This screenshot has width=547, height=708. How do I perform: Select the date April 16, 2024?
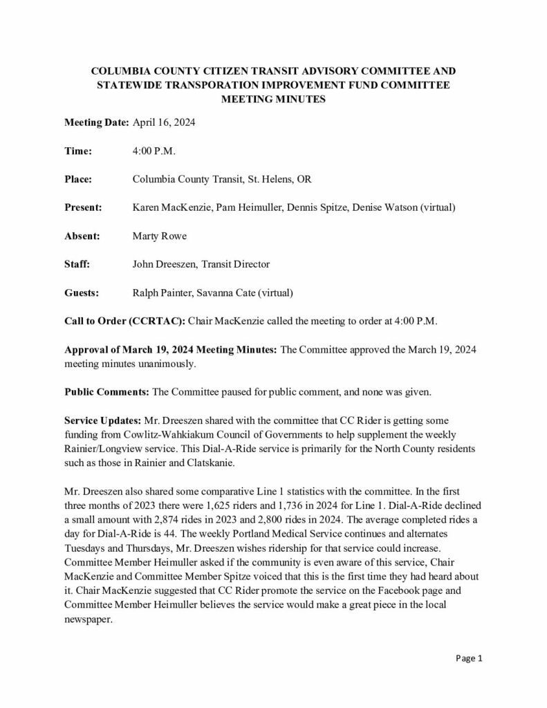coord(163,122)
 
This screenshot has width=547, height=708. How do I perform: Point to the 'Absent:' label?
coord(82,236)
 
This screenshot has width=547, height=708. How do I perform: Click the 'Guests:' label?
coord(82,292)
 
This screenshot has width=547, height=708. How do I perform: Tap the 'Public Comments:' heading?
coord(106,392)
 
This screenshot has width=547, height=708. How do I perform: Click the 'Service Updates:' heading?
coord(104,420)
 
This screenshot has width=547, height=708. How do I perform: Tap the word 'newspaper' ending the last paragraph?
coord(88,619)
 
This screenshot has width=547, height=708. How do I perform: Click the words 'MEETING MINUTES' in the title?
coord(273,99)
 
